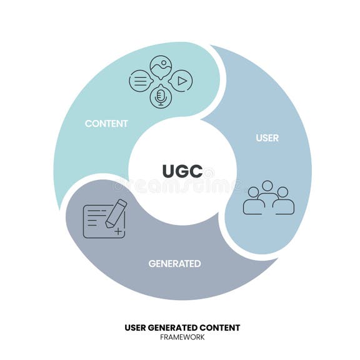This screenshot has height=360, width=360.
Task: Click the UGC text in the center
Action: tap(182, 171)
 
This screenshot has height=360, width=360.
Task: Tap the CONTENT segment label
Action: tap(106, 123)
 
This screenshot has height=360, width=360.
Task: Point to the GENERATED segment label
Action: tap(174, 263)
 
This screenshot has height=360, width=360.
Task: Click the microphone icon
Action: tap(161, 96)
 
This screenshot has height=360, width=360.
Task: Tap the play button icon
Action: tap(181, 81)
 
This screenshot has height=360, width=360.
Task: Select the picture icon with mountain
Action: tap(161, 66)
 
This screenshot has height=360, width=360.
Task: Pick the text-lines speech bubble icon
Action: tap(140, 81)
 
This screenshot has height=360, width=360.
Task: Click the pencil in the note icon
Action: tap(116, 213)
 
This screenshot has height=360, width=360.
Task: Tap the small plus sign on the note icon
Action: tap(117, 232)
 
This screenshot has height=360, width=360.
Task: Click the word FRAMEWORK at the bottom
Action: tap(182, 337)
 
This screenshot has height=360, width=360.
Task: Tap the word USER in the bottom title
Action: tap(136, 327)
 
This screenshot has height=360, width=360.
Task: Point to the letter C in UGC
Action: tap(196, 171)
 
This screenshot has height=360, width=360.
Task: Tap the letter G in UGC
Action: tap(182, 171)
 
